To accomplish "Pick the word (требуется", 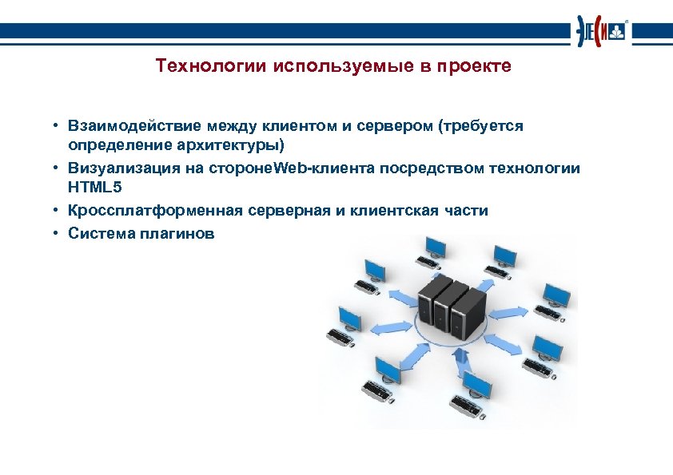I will [480, 126].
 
